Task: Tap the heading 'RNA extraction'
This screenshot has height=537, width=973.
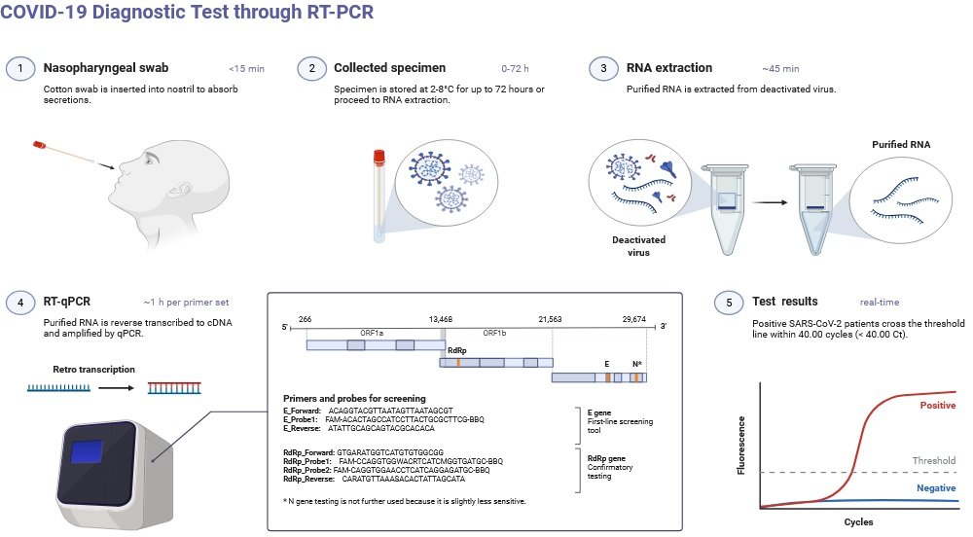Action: pyautogui.click(x=668, y=68)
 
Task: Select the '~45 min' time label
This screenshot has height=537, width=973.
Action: pyautogui.click(x=780, y=69)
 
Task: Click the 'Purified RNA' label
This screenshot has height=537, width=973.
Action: pyautogui.click(x=900, y=144)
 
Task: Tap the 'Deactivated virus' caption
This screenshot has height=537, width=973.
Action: pyautogui.click(x=637, y=245)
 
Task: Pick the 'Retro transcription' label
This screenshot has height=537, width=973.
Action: pyautogui.click(x=94, y=370)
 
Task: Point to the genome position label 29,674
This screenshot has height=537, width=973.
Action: pyautogui.click(x=633, y=318)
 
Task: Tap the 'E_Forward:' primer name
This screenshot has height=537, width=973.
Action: pyautogui.click(x=303, y=411)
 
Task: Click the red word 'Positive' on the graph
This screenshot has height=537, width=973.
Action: pyautogui.click(x=936, y=404)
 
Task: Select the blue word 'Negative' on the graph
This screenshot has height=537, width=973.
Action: pyautogui.click(x=936, y=487)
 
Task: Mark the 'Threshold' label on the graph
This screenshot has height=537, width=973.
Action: pyautogui.click(x=933, y=460)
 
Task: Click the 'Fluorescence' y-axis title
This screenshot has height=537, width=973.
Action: pyautogui.click(x=742, y=444)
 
